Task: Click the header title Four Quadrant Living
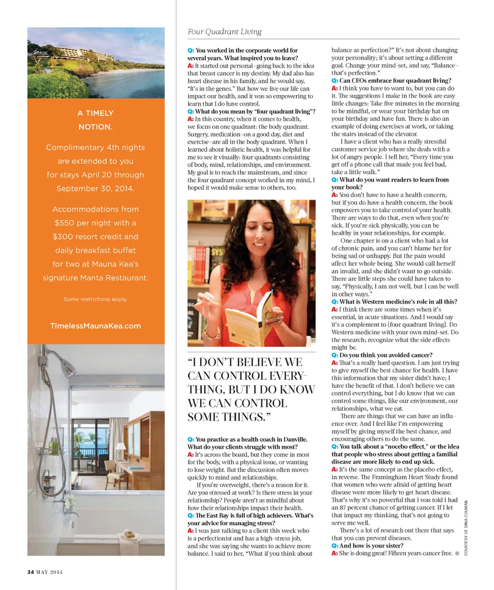point(224,32)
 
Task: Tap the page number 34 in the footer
point(30,571)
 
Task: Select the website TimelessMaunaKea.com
point(96,326)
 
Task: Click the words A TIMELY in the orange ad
point(96,113)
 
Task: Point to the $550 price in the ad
point(65,223)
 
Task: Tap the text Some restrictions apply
point(96,299)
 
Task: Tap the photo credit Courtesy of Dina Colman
point(465,527)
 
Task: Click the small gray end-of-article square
point(457,553)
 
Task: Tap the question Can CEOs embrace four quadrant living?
point(395,81)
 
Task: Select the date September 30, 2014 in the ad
point(96,189)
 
